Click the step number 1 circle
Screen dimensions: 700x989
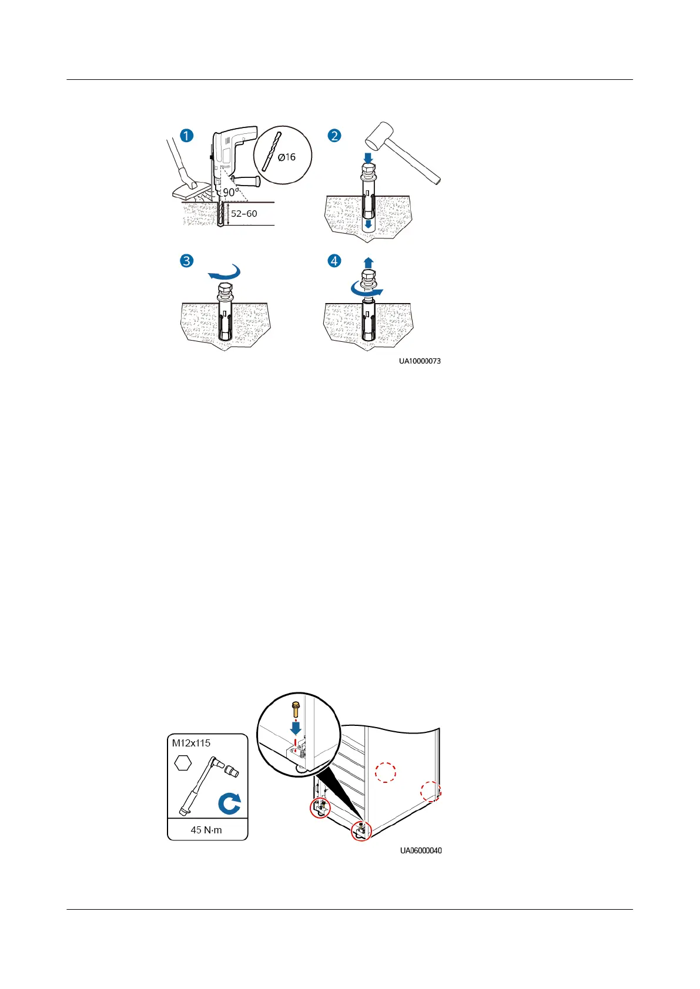point(186,136)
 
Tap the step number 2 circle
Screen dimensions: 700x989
point(334,136)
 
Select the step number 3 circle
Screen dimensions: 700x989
point(186,260)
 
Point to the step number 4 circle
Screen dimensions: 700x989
point(334,260)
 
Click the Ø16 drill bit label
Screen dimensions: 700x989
point(287,157)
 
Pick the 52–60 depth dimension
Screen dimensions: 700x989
point(244,214)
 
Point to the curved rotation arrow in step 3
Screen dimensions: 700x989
point(226,273)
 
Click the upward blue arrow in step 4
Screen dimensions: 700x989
point(369,263)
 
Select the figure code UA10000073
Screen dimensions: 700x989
point(420,361)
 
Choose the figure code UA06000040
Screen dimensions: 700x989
point(421,850)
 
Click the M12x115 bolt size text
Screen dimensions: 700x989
point(191,743)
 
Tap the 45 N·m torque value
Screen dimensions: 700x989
point(206,830)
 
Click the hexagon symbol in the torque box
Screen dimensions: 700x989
point(183,763)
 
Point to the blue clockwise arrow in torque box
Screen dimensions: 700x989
point(229,803)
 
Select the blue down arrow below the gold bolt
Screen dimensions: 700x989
point(296,728)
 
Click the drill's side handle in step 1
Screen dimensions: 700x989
point(245,179)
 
